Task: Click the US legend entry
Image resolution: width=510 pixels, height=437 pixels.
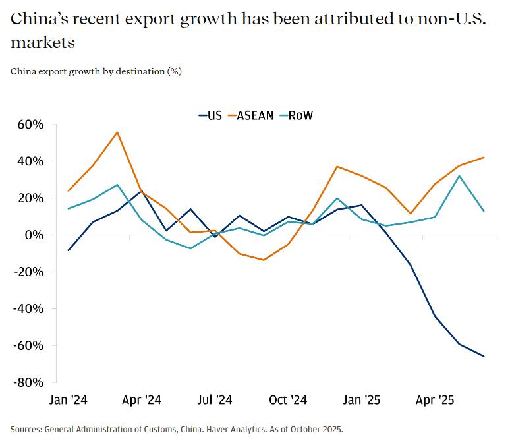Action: click(x=211, y=115)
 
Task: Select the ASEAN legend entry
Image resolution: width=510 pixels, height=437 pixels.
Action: click(x=250, y=115)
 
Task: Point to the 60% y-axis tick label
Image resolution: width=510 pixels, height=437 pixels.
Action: click(x=30, y=125)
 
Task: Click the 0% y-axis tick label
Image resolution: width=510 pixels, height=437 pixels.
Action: click(x=35, y=235)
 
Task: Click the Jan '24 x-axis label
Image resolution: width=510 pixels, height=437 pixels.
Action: click(x=69, y=400)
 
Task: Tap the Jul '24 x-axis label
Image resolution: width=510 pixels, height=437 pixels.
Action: click(x=215, y=400)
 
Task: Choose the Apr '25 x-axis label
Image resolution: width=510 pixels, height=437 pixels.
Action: click(x=436, y=400)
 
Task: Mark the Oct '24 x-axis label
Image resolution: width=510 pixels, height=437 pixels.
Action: click(x=289, y=400)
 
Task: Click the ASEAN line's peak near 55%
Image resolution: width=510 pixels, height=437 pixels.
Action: click(x=117, y=132)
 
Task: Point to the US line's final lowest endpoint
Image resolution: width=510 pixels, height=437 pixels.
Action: click(x=484, y=357)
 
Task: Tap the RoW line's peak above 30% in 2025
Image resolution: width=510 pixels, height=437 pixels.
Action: click(x=460, y=176)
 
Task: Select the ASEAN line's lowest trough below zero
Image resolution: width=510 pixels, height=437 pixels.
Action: click(x=264, y=260)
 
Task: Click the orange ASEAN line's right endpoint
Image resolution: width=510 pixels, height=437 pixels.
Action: click(x=484, y=158)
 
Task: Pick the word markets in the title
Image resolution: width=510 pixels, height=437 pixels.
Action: click(x=42, y=44)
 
